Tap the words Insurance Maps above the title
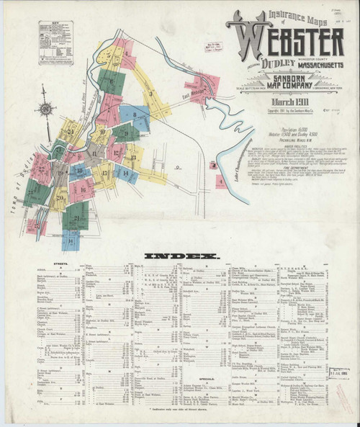point(270,12)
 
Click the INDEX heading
point(181,256)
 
